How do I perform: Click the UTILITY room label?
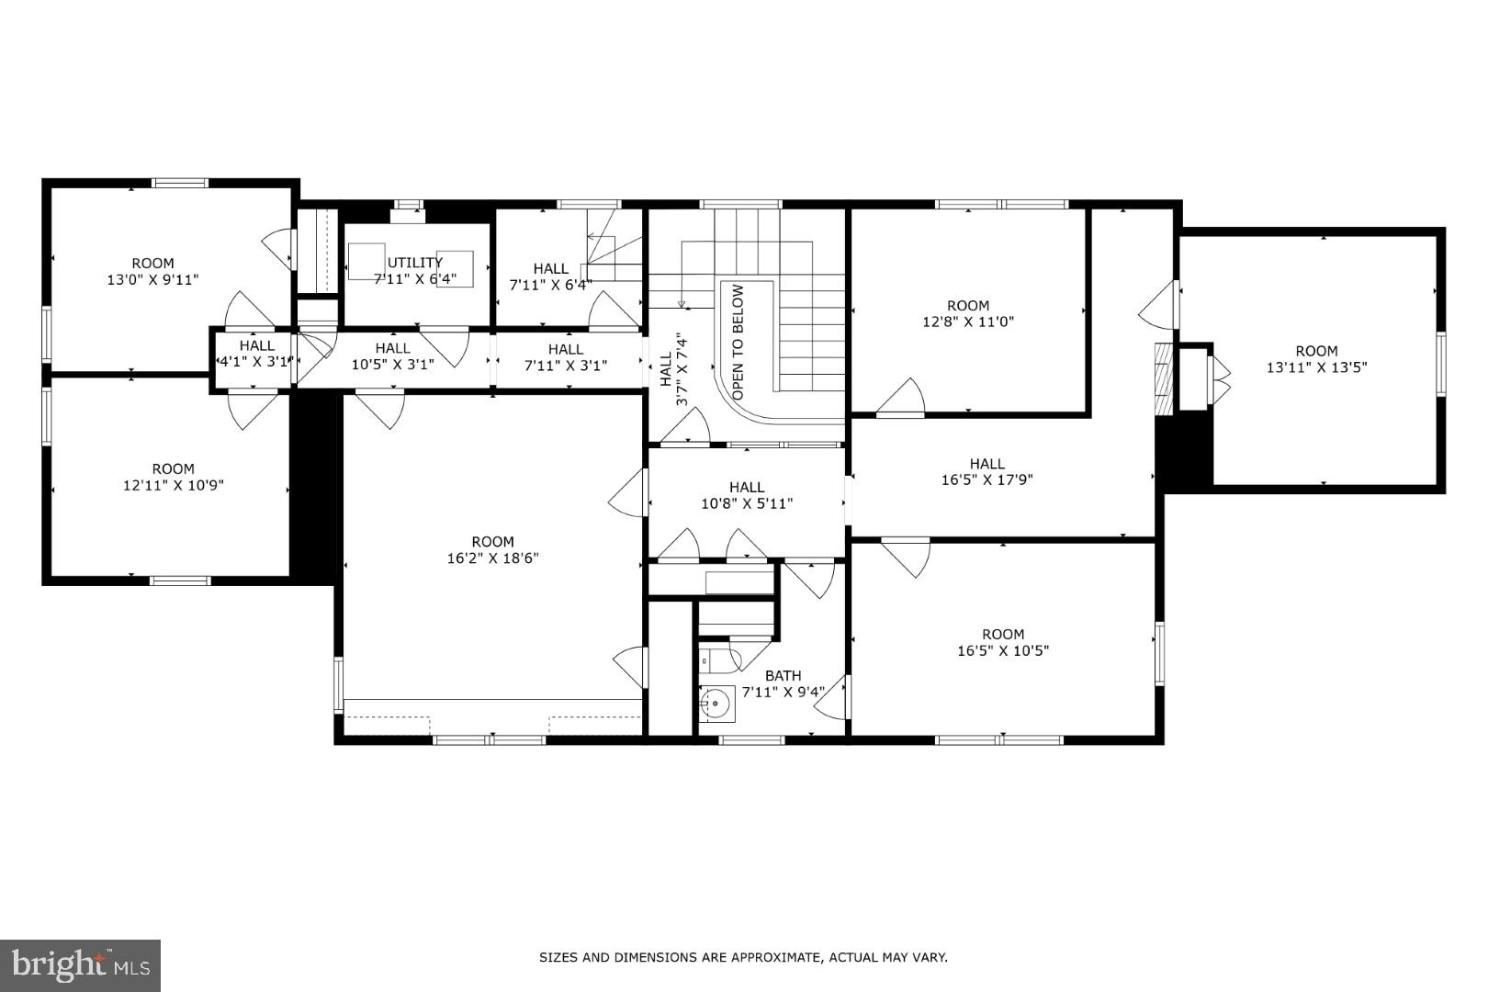[415, 263]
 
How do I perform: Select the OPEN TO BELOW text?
[738, 342]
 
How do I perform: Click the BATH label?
[783, 675]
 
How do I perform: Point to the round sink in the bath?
[715, 705]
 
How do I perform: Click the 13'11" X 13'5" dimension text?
[1316, 367]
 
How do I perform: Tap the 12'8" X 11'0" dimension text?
[968, 321]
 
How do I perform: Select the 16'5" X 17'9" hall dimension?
[986, 479]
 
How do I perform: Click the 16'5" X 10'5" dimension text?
[1002, 650]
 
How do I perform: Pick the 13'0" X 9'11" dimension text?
[152, 279]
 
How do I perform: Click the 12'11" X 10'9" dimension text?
[173, 485]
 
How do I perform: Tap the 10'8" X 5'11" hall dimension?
[747, 503]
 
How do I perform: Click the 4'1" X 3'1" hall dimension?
[256, 362]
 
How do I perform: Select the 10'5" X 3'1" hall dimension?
[392, 364]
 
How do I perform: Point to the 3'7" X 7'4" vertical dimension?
[682, 370]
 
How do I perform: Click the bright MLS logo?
[81, 964]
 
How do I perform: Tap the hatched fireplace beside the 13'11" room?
[1165, 378]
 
